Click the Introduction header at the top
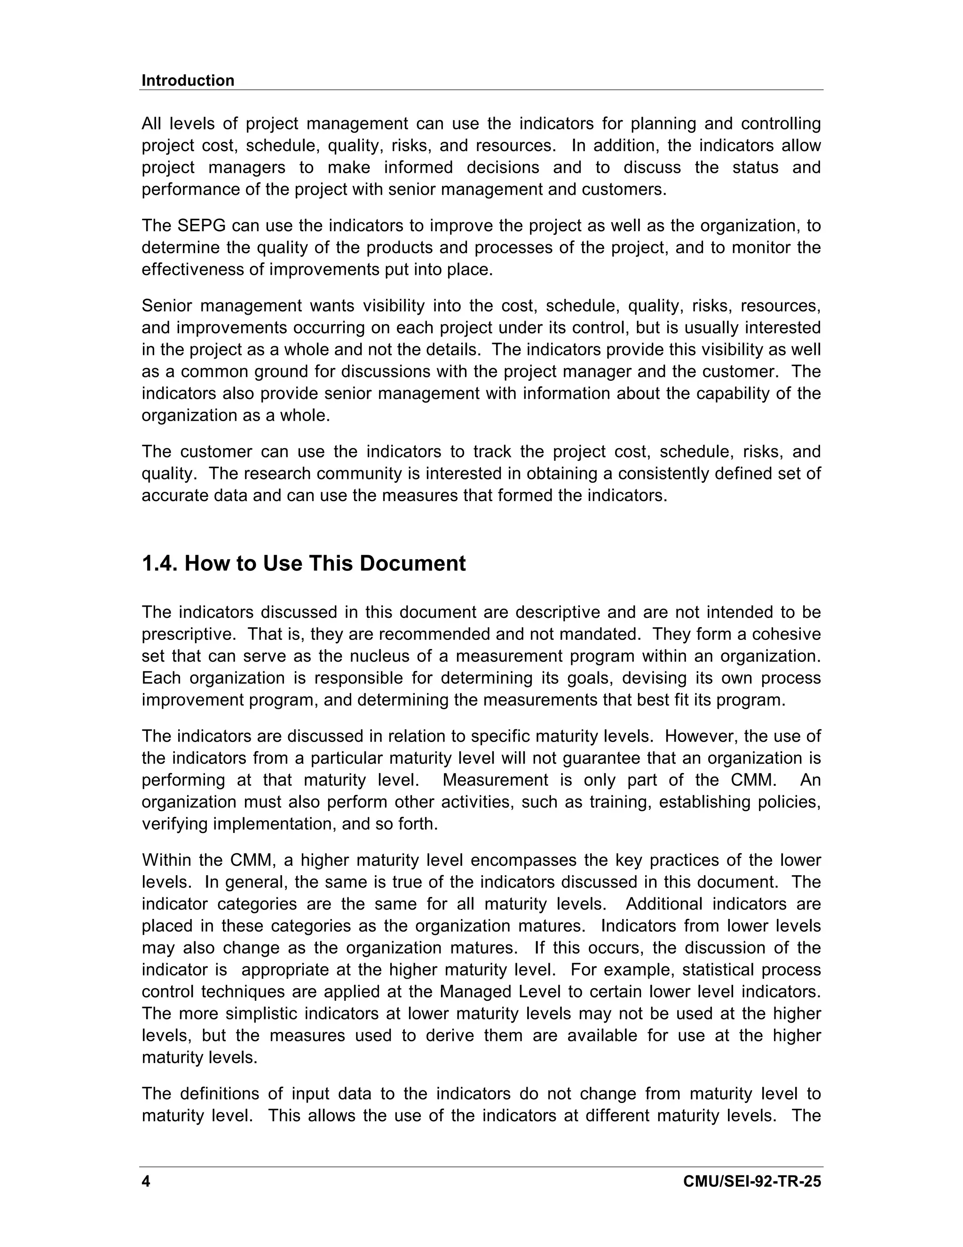click(188, 80)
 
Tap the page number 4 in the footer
click(146, 1181)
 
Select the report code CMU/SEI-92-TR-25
click(752, 1181)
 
